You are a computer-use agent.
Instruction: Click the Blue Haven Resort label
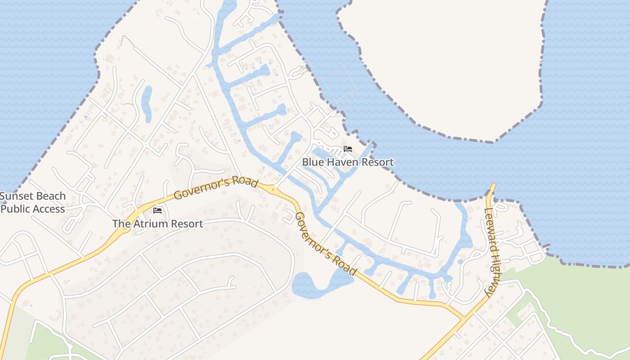[348, 162]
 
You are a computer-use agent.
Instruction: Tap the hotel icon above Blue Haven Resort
[347, 149]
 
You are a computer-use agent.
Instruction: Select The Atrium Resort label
[157, 224]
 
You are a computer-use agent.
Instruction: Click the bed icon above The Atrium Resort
[157, 210]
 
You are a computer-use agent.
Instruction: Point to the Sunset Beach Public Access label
[33, 202]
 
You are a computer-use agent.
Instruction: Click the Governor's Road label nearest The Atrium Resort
[216, 189]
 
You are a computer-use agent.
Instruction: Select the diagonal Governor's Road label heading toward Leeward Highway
[326, 244]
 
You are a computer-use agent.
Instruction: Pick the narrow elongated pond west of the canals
[147, 103]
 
